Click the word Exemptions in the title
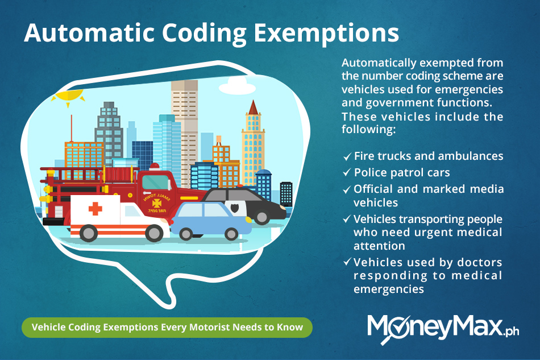[326, 34]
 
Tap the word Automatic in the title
[89, 33]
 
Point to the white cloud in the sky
[237, 86]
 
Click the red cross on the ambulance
[95, 209]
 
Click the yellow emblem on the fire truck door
[157, 203]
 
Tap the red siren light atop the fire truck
[154, 167]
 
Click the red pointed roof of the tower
[253, 108]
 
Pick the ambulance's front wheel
[154, 233]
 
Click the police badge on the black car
[235, 208]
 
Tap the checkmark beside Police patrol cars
[347, 172]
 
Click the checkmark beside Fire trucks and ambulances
[347, 156]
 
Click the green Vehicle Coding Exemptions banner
[167, 327]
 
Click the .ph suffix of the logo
[511, 331]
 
